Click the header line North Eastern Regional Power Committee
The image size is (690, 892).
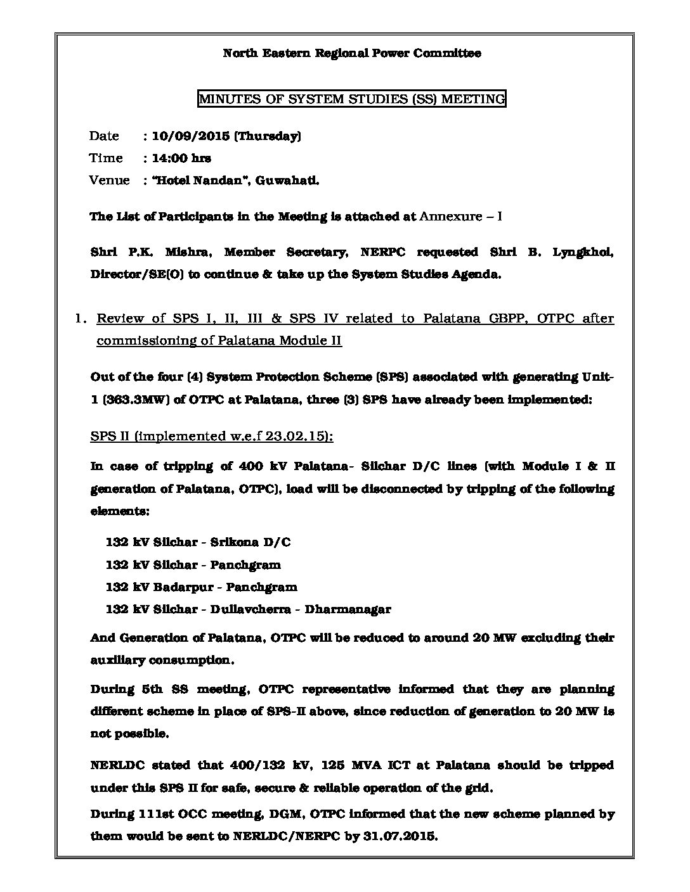[351, 53]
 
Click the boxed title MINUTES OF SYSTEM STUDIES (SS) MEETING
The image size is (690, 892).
[352, 99]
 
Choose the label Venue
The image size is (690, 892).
[109, 181]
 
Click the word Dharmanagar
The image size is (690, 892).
[348, 609]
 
